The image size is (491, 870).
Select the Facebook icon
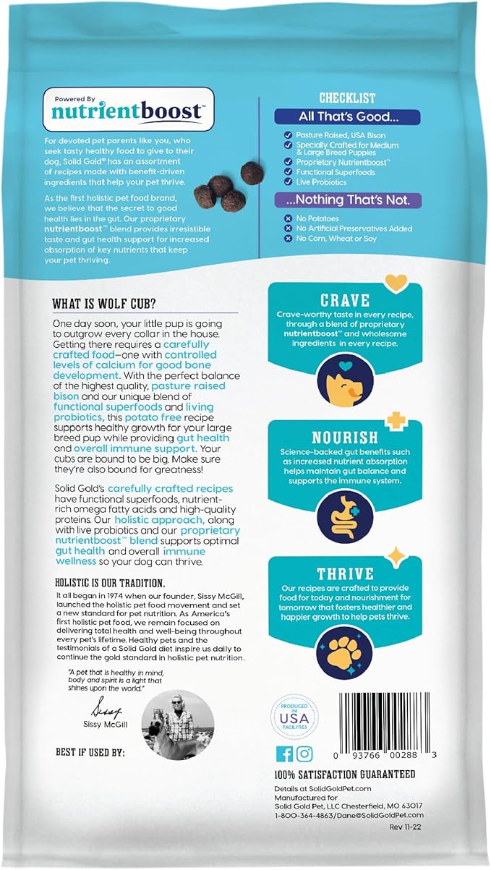pyautogui.click(x=285, y=754)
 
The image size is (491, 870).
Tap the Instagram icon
pyautogui.click(x=305, y=754)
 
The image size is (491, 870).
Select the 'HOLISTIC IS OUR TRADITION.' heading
pyautogui.click(x=110, y=583)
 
